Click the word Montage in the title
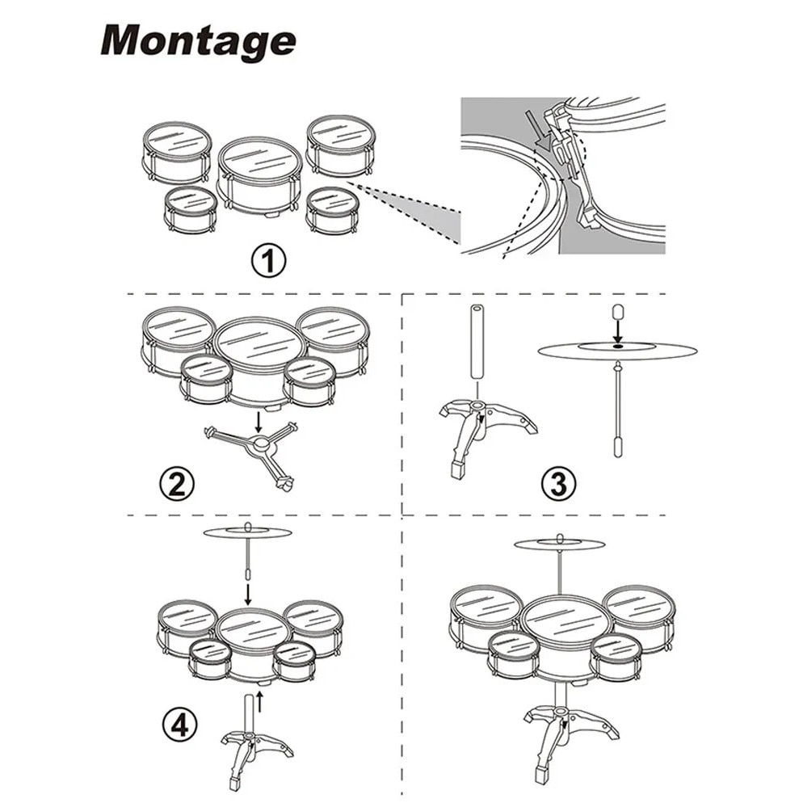(x=198, y=40)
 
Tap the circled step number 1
(x=268, y=262)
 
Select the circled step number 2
(x=177, y=484)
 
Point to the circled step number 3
(x=559, y=484)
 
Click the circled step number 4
(x=180, y=725)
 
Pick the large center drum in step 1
(x=261, y=177)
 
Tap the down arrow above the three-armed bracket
(x=259, y=421)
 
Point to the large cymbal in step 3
(x=618, y=351)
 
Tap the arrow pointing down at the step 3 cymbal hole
(x=618, y=331)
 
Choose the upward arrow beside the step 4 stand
(x=260, y=701)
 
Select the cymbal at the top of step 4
(x=248, y=533)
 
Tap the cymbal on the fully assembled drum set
(x=561, y=544)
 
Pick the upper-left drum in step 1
(x=177, y=153)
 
